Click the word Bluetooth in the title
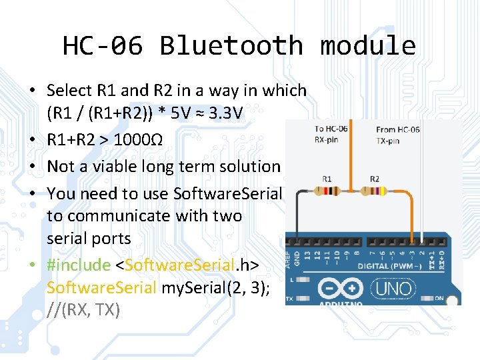pos(231,45)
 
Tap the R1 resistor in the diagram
pos(327,191)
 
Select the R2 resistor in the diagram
pos(374,191)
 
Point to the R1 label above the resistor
pos(327,179)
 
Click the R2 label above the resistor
pos(374,179)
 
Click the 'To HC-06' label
pos(331,130)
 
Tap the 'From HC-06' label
pos(397,130)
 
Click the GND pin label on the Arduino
pos(298,255)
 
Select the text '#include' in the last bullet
pos(78,265)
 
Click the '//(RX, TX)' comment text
pos(83,309)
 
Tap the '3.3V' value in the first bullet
pos(225,115)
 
